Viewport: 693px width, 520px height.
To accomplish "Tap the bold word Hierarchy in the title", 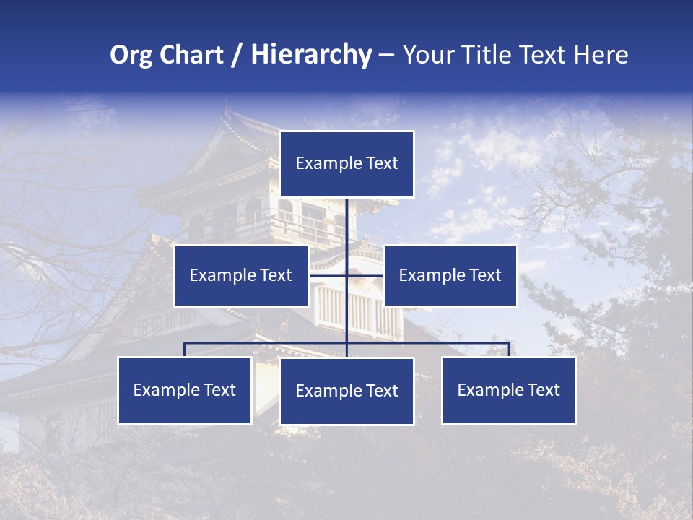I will pyautogui.click(x=311, y=55).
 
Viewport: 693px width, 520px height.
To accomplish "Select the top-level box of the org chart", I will pyautogui.click(x=346, y=164).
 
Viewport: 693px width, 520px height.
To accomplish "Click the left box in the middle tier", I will pyautogui.click(x=241, y=275).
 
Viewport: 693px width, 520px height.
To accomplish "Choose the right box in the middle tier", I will pyautogui.click(x=450, y=275).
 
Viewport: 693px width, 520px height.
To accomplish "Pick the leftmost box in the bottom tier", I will pyautogui.click(x=185, y=390).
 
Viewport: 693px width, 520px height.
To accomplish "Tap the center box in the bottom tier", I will pyautogui.click(x=346, y=391).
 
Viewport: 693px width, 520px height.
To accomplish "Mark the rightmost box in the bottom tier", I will pyautogui.click(x=509, y=390).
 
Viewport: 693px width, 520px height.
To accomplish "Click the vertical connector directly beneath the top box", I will pyautogui.click(x=346, y=220).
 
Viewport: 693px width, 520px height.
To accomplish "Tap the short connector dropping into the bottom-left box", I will pyautogui.click(x=185, y=350).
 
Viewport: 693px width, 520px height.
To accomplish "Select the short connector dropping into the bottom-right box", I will pyautogui.click(x=509, y=350).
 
